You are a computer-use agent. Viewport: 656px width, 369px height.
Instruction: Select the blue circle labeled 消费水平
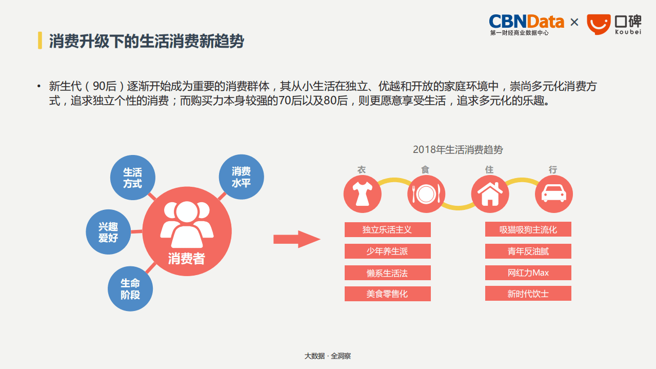click(x=241, y=177)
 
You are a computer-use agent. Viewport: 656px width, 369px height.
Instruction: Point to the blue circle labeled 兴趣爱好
click(x=108, y=232)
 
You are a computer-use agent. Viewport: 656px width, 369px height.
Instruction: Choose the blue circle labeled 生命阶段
click(x=130, y=289)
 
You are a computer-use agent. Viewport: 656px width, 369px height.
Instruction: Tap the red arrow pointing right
click(x=296, y=239)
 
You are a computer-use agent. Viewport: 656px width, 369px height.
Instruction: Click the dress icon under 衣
click(x=363, y=194)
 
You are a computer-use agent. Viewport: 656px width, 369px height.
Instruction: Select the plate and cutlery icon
click(x=426, y=194)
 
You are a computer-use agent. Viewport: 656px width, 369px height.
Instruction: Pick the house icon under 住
click(x=490, y=194)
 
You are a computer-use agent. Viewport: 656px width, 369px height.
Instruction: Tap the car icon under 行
click(x=554, y=194)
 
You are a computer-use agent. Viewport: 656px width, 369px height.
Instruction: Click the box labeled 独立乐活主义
click(x=387, y=229)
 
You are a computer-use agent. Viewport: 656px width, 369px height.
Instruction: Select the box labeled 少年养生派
click(x=387, y=251)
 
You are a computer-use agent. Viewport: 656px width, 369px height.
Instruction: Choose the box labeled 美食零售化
click(x=387, y=294)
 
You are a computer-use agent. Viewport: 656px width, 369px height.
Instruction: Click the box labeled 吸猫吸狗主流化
click(x=528, y=229)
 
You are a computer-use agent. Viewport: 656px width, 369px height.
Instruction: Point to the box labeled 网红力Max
click(x=528, y=273)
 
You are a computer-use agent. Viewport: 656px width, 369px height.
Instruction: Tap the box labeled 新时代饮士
click(x=528, y=294)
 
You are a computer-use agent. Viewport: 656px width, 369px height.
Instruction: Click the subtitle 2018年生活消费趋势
click(x=458, y=150)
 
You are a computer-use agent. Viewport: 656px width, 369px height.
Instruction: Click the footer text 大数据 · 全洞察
click(x=328, y=356)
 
